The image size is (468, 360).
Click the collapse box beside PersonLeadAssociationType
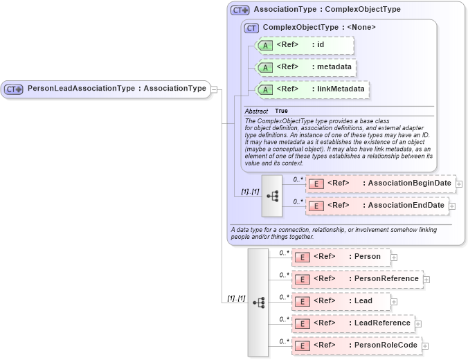[x=215, y=89]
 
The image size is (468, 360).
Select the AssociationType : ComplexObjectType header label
[x=327, y=10]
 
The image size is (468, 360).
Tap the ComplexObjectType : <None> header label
[x=319, y=28]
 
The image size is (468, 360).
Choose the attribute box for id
[x=304, y=46]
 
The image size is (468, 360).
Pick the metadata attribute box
[x=306, y=67]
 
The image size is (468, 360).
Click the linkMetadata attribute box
[x=312, y=90]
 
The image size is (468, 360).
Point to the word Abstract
[x=256, y=111]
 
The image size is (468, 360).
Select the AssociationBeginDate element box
[x=380, y=183]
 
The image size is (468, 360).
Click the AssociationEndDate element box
[x=377, y=206]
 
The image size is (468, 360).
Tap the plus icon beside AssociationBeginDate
[x=459, y=184]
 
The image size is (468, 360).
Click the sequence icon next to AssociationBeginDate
[x=272, y=196]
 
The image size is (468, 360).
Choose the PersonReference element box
[x=357, y=279]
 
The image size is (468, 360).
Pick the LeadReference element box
[x=353, y=323]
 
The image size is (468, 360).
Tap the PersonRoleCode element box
[x=356, y=345]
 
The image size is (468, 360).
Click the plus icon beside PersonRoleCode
[x=425, y=346]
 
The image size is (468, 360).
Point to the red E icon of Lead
[x=301, y=301]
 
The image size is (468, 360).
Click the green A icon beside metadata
[x=265, y=68]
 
